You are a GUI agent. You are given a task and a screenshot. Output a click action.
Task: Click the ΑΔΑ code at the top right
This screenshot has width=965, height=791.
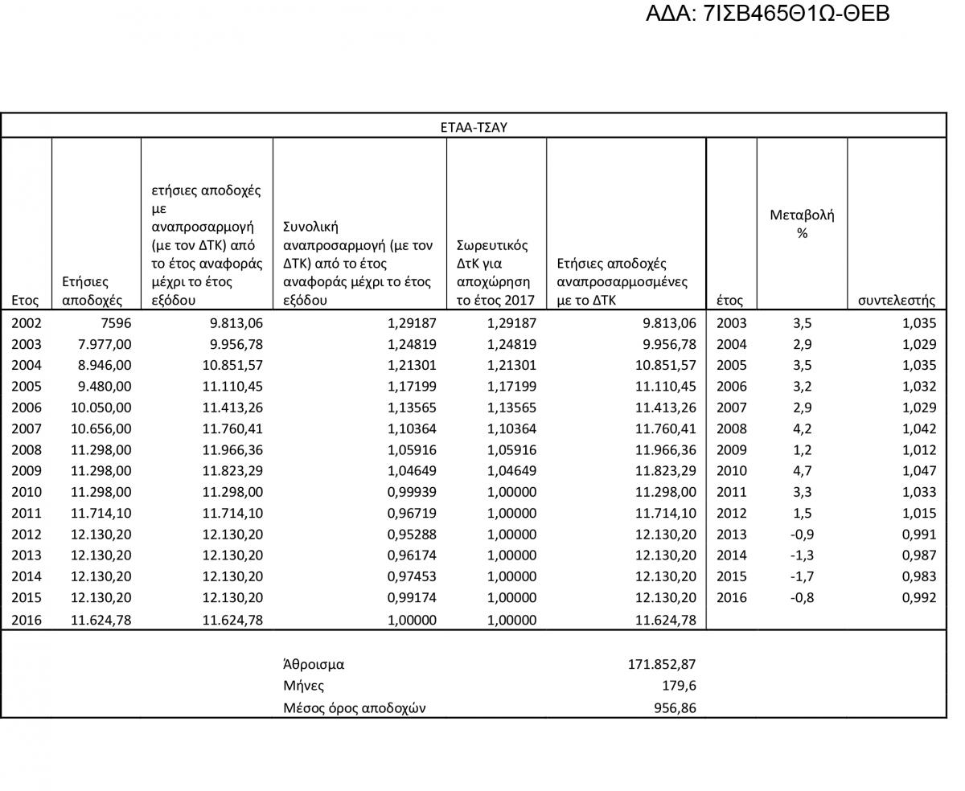(767, 14)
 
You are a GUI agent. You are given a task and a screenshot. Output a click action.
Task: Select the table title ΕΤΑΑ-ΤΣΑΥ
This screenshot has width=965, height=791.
(474, 127)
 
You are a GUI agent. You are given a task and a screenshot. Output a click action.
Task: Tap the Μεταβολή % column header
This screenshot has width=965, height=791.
(802, 223)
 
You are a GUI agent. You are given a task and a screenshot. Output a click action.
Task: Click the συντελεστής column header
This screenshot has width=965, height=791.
(896, 301)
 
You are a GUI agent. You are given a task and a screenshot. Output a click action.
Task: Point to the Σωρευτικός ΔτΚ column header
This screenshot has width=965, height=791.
(493, 273)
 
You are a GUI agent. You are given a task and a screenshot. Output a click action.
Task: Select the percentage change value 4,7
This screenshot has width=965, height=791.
(801, 471)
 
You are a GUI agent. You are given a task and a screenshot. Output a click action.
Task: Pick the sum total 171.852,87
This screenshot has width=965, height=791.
(661, 664)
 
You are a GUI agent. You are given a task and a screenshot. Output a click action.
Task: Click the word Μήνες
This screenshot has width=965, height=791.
(303, 686)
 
